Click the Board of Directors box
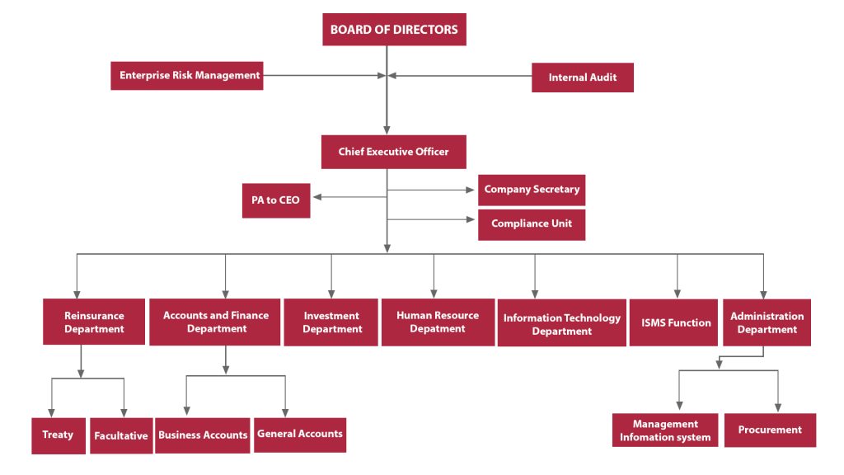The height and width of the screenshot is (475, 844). pyautogui.click(x=394, y=30)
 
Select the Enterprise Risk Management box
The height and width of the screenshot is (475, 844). pyautogui.click(x=187, y=75)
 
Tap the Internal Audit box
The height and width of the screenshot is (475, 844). pyautogui.click(x=583, y=78)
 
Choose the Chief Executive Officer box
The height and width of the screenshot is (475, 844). pyautogui.click(x=393, y=152)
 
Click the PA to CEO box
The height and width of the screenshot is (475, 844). pyautogui.click(x=276, y=200)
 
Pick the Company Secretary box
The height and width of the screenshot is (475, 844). pyautogui.click(x=532, y=190)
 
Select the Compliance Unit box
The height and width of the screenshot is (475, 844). pyautogui.click(x=532, y=224)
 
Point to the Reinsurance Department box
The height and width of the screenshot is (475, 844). pyautogui.click(x=94, y=322)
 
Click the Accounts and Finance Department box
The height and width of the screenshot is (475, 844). pyautogui.click(x=215, y=322)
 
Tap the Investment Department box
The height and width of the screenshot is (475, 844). pyautogui.click(x=331, y=322)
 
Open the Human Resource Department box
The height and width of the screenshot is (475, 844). pyautogui.click(x=438, y=322)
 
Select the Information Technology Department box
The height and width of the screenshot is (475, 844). pyautogui.click(x=561, y=323)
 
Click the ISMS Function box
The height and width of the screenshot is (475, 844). pyautogui.click(x=673, y=322)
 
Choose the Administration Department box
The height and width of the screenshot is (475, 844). pyautogui.click(x=767, y=322)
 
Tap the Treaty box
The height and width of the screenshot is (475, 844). pyautogui.click(x=59, y=435)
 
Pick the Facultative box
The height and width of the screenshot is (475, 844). pyautogui.click(x=121, y=435)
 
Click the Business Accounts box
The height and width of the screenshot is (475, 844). pyautogui.click(x=203, y=435)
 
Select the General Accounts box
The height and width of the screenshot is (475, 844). pyautogui.click(x=300, y=435)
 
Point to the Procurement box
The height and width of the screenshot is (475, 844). pyautogui.click(x=770, y=430)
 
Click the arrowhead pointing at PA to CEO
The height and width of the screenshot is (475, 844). pyautogui.click(x=317, y=197)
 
